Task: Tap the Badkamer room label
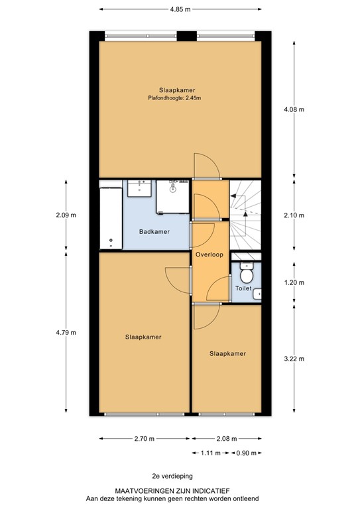[x=154, y=231]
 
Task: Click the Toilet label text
[x=243, y=289]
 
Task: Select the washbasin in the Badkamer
[x=141, y=188]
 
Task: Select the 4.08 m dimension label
[x=294, y=110]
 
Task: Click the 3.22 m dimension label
[x=294, y=359]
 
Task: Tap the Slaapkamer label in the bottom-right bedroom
[x=227, y=354]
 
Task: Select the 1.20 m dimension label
[x=294, y=282]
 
